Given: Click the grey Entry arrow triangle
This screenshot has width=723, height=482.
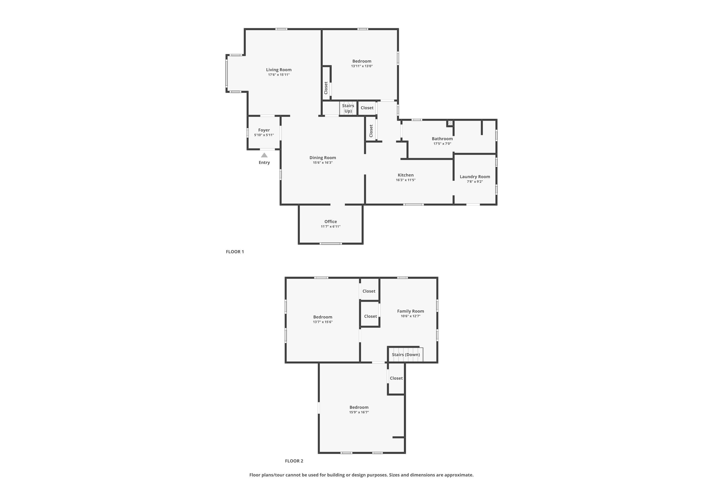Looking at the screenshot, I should tap(264, 155).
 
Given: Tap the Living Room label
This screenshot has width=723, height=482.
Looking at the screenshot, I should tap(279, 70).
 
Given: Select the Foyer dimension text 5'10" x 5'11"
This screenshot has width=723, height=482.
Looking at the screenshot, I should tap(264, 135).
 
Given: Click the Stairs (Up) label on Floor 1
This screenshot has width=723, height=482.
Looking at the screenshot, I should tap(348, 108).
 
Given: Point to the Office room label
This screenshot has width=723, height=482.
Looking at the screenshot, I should tap(330, 222).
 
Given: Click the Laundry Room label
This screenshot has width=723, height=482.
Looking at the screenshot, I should tap(475, 177).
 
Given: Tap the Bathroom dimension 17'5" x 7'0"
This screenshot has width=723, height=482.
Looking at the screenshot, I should tap(442, 144).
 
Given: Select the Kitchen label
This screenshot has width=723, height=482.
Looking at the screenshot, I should tap(405, 175).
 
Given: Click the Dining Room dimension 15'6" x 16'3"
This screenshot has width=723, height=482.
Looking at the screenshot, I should tap(322, 163).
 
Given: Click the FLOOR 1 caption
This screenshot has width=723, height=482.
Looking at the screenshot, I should tap(235, 252).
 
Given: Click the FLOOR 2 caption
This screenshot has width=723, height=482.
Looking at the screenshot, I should tap(294, 461).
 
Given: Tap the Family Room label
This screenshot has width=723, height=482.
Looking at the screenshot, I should tap(410, 311).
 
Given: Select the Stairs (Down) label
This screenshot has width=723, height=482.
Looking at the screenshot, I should tap(405, 355).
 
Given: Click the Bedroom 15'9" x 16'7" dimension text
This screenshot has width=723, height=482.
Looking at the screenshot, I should tap(359, 412).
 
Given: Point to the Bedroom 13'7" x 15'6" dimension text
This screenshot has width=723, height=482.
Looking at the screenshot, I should tap(322, 322).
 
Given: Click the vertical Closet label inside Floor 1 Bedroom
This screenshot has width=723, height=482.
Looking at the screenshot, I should tap(326, 88).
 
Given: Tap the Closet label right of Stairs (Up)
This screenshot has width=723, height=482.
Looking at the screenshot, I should tap(367, 108).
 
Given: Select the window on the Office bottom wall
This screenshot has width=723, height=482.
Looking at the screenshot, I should tap(330, 244).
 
